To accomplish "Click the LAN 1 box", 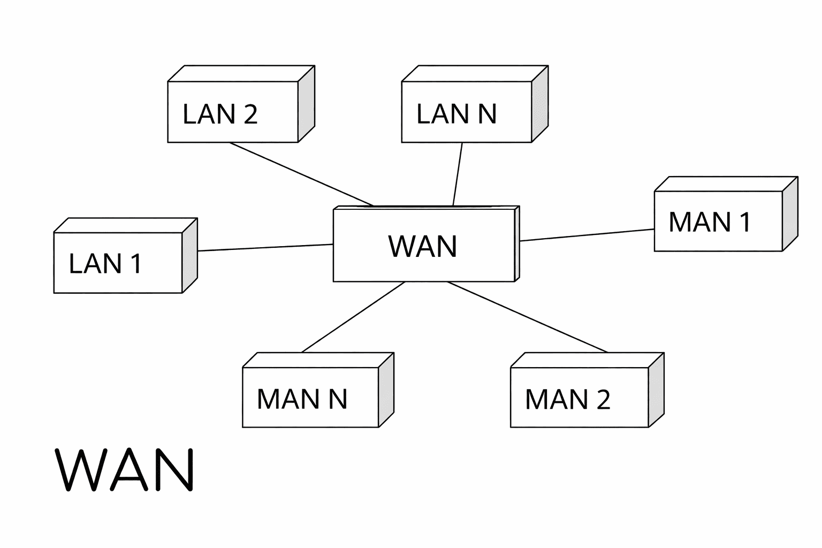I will click(x=118, y=263).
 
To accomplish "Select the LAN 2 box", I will click(x=233, y=112).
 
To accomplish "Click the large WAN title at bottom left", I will click(x=126, y=470).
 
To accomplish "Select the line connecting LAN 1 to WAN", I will click(x=265, y=248).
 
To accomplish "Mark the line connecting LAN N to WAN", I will click(x=458, y=174).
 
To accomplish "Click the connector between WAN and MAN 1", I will click(x=587, y=235).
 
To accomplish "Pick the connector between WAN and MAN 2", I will click(x=528, y=317).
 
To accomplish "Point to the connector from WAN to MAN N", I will click(x=353, y=317).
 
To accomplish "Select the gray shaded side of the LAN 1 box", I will click(x=190, y=255).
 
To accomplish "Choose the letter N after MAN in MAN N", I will click(x=338, y=399).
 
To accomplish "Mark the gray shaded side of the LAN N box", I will click(x=539, y=104).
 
